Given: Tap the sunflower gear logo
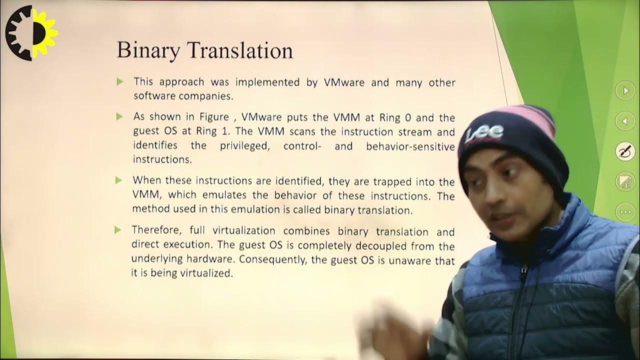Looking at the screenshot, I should point(31,33).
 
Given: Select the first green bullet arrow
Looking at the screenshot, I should point(119,81).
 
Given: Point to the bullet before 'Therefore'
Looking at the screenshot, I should point(118,230).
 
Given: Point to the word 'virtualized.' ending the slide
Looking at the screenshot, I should point(209,274).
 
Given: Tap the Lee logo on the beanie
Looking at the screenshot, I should point(484,134).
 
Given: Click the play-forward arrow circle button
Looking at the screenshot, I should point(625,91).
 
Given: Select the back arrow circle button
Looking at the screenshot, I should point(625,121).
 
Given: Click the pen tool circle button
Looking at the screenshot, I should point(625,151).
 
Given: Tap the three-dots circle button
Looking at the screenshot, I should point(625,212).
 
